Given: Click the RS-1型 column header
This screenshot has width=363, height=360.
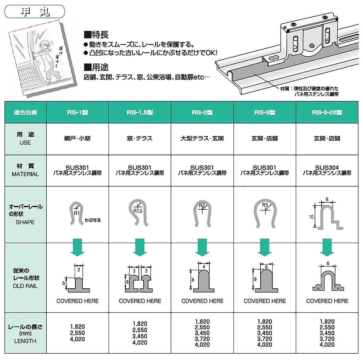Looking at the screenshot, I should point(77,113).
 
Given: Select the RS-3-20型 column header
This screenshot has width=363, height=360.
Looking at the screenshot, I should point(327,113).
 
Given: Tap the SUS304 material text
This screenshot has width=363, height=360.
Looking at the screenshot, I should point(327,168).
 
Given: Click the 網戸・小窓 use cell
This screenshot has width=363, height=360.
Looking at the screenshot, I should point(77,139).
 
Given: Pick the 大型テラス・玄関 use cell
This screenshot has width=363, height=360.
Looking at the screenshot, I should point(202,139).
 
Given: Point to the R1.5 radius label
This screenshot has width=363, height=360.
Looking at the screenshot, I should point(138,211).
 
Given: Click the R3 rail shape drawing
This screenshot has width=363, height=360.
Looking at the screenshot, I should point(265,213).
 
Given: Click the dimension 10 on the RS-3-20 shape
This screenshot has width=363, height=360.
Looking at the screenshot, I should point(311,217).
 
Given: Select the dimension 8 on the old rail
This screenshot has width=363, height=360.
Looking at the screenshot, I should point(193,280).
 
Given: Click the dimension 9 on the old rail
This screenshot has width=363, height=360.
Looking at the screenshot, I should point(255,279).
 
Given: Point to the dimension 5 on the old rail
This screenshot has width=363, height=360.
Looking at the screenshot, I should point(64,283).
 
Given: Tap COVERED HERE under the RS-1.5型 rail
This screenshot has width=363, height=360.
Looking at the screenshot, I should point(140,301).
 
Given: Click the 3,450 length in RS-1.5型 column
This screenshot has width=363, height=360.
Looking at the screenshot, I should point(140,336).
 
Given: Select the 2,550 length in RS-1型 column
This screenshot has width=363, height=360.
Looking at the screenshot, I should point(77,333).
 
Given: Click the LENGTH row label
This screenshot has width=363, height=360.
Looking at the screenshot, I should point(25,341).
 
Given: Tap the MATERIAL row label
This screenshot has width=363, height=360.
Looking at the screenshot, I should point(25,174).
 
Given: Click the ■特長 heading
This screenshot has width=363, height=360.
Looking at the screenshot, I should point(96,35).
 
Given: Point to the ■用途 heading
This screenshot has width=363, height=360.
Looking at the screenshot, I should point(96,67).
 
